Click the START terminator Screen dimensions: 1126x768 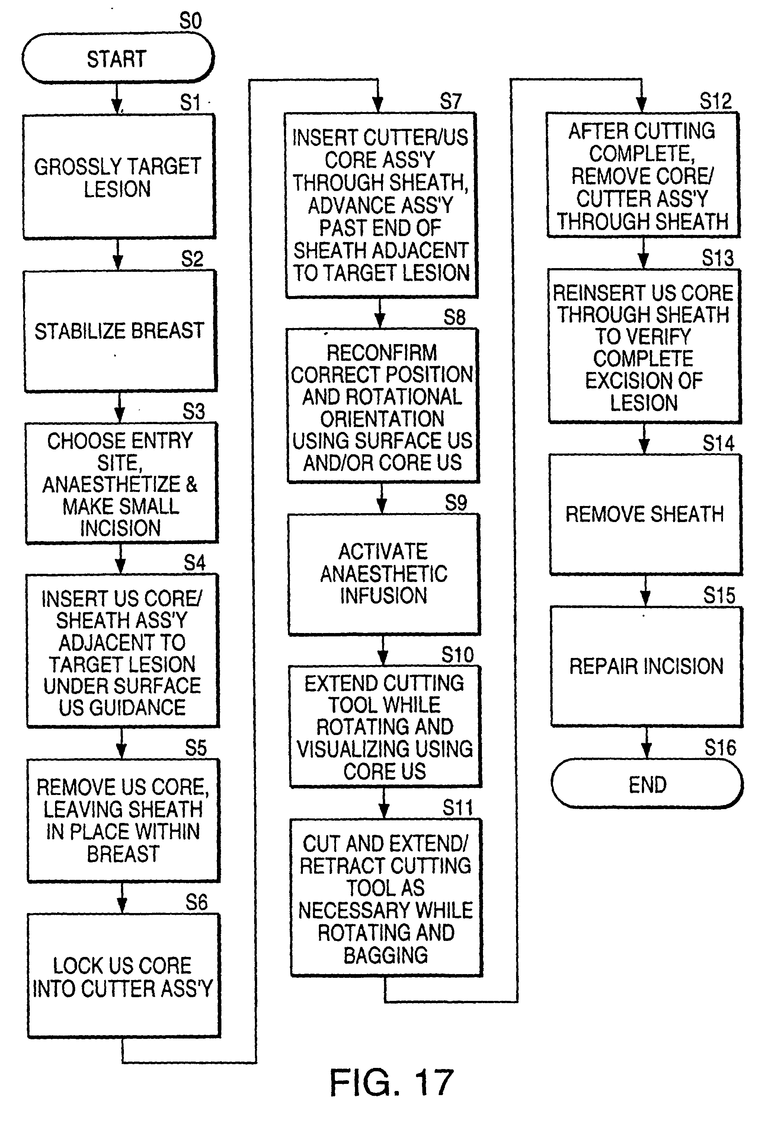coord(118,58)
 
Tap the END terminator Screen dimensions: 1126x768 coord(647,784)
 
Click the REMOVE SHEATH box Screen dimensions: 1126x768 coord(645,515)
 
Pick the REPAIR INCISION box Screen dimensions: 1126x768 coord(646,666)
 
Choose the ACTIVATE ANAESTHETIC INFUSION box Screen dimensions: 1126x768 coord(384,574)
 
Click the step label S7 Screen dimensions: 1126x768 coord(450,101)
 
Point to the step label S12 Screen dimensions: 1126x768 coord(715,101)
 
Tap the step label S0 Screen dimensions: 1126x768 coord(190,21)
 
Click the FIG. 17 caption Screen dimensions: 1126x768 coord(391,1082)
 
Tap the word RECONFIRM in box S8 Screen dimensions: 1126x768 coord(381,353)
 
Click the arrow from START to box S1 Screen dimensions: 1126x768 coord(117,98)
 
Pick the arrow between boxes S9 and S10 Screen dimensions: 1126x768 coord(383,651)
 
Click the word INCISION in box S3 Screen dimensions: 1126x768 coord(120,528)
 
